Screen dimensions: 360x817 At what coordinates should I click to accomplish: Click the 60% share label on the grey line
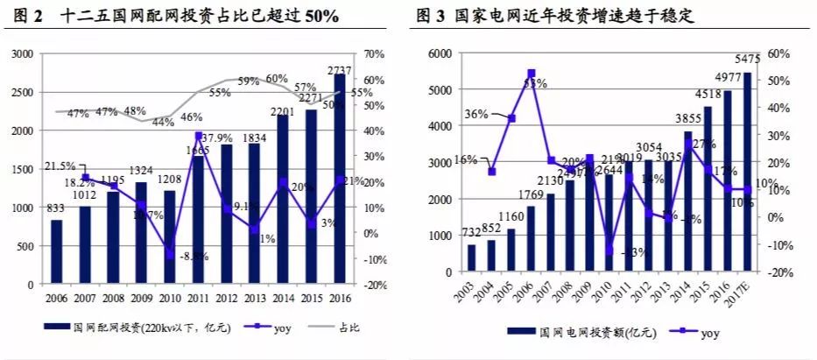tap(277, 79)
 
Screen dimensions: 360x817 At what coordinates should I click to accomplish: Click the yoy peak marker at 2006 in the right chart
tap(532, 73)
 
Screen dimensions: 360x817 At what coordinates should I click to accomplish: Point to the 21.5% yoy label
tap(60, 166)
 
